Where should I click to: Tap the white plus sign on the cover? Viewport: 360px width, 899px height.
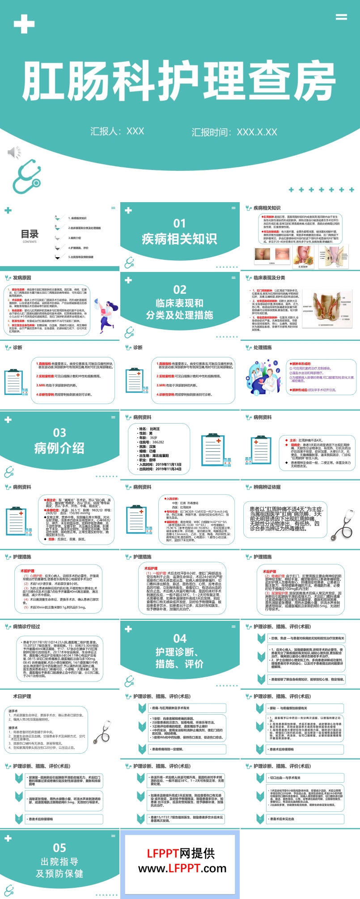point(24,24)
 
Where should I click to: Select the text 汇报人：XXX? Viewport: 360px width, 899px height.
point(117,131)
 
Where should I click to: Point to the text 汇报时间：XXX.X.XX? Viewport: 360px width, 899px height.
point(234,132)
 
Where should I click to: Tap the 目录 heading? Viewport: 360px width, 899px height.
point(30,234)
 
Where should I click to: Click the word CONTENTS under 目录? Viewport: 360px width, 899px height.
point(30,242)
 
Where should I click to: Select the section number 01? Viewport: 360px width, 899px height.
point(179,223)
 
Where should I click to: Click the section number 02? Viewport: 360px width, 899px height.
point(179,289)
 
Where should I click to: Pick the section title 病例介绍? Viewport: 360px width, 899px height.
point(59,448)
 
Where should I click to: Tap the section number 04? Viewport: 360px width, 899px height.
point(180,638)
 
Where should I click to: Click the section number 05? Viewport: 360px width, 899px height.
point(59,848)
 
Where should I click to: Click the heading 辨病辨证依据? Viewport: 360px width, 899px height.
point(267,487)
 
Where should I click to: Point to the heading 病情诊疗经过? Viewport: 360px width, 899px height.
point(26,627)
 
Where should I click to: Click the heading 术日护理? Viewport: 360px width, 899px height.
point(22,696)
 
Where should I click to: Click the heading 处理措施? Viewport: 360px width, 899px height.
point(263,348)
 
